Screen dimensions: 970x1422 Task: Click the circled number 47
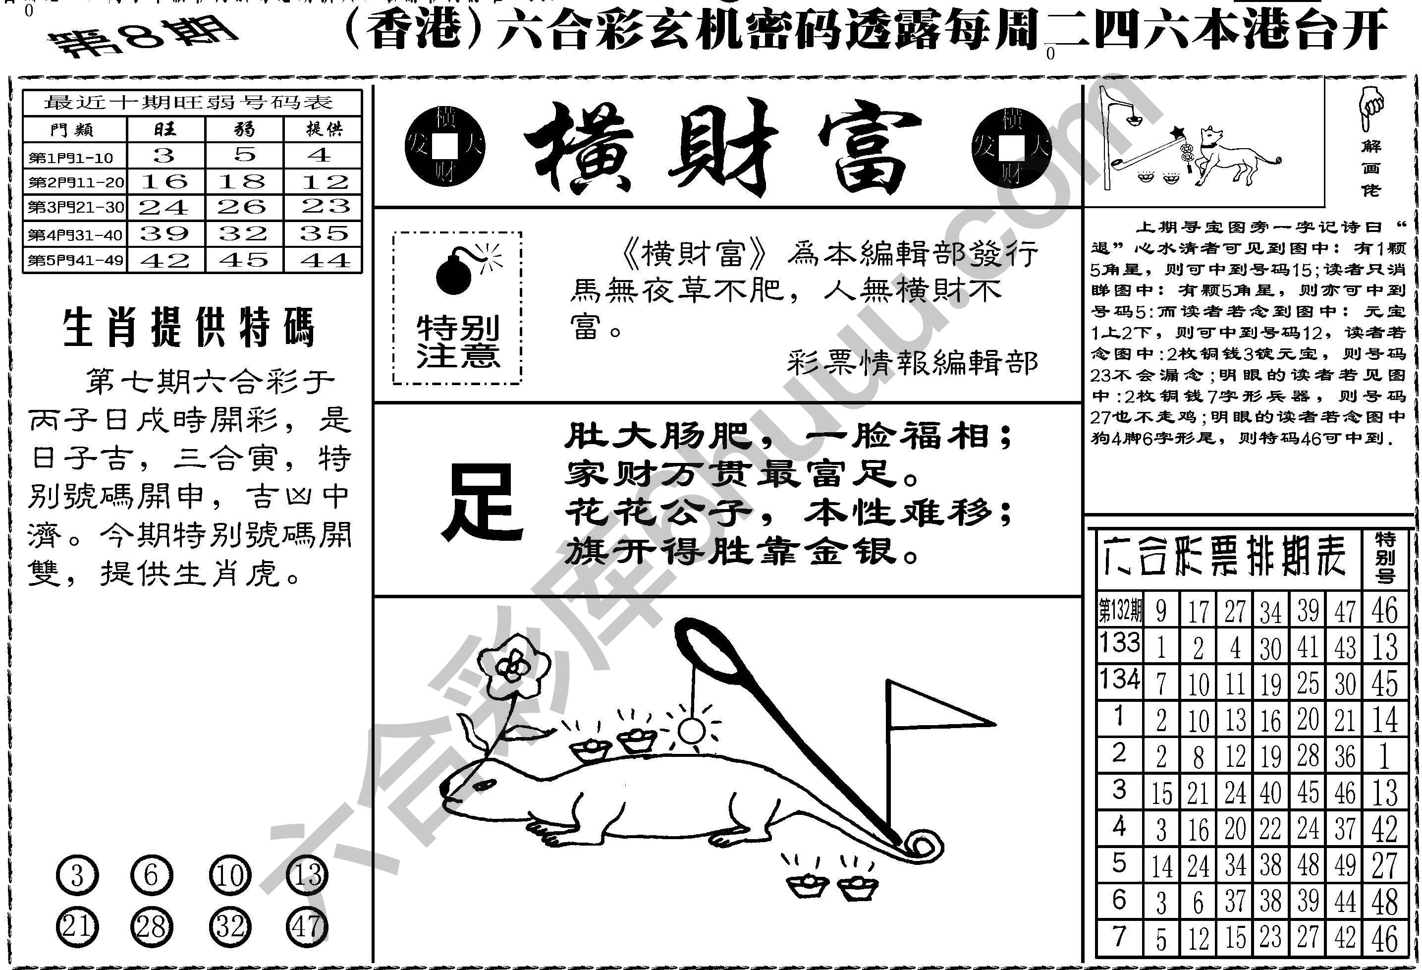[307, 926]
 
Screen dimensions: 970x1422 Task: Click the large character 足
[483, 502]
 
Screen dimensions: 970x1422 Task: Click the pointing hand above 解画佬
[1370, 108]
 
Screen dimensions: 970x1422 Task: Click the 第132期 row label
[1120, 610]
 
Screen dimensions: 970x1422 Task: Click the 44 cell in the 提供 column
[325, 260]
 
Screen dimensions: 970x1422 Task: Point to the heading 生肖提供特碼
[190, 328]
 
